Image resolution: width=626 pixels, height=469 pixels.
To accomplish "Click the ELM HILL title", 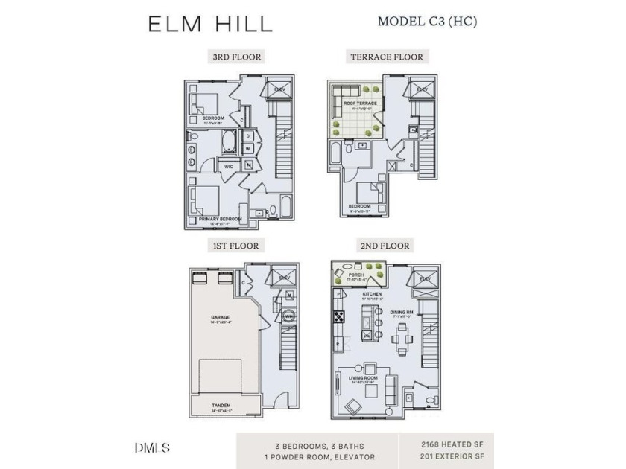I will [210, 23].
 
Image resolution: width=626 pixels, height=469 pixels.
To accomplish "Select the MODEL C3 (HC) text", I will [427, 21].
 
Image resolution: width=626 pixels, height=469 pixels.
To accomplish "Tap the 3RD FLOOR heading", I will [236, 57].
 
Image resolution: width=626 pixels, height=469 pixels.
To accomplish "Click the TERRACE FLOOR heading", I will [387, 57].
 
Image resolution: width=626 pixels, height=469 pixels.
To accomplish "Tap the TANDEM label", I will [221, 406].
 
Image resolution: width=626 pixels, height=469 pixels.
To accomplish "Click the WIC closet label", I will [229, 166].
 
